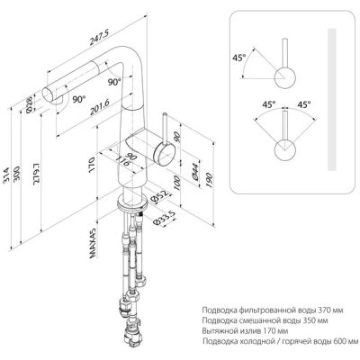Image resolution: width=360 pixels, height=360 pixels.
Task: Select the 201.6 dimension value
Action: [100, 107]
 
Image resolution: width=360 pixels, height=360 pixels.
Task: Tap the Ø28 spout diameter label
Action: [30, 106]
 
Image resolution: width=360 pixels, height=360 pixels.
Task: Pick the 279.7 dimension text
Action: [38, 174]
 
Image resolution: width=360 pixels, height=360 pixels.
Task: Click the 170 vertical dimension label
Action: [92, 164]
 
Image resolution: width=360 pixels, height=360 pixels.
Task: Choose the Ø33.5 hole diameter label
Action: [164, 219]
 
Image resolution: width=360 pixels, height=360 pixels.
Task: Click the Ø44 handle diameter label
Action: [195, 172]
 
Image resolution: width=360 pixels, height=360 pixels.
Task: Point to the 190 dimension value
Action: [209, 180]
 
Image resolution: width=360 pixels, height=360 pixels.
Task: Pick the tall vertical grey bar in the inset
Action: [332, 99]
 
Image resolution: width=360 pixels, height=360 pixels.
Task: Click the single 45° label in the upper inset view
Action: [239, 58]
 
